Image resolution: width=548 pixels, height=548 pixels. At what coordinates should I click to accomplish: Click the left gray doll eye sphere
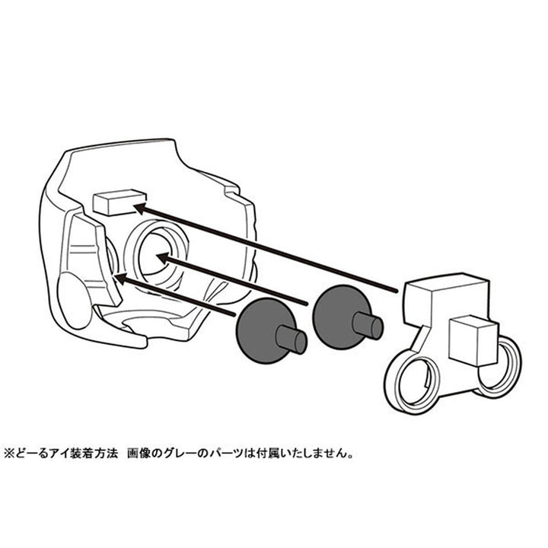pyautogui.click(x=261, y=330)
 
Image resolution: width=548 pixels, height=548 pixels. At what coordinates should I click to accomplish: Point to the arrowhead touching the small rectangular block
pyautogui.click(x=141, y=209)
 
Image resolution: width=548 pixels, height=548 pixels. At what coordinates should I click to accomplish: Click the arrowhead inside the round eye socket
pyautogui.click(x=163, y=258)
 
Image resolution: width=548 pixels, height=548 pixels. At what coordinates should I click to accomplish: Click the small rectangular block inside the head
pyautogui.click(x=119, y=202)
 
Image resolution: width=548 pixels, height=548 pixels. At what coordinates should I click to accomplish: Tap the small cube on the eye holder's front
pyautogui.click(x=473, y=340)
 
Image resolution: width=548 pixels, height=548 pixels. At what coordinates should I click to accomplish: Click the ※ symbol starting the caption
pyautogui.click(x=8, y=454)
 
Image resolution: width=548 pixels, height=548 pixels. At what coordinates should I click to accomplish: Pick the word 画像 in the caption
pyautogui.click(x=139, y=454)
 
